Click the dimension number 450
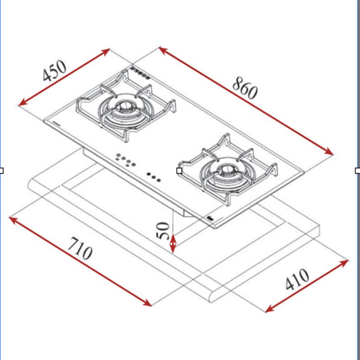pyautogui.click(x=54, y=71)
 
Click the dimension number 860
pyautogui.click(x=244, y=89)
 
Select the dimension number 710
pyautogui.click(x=80, y=249)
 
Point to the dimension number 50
pyautogui.click(x=164, y=231)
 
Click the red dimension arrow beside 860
pyautogui.click(x=246, y=101)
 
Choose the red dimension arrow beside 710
pyautogui.click(x=80, y=261)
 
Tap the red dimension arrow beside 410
pyautogui.click(x=307, y=286)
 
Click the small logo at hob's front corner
pyautogui.click(x=210, y=219)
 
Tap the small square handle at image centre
pyautogui.click(x=179, y=171)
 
